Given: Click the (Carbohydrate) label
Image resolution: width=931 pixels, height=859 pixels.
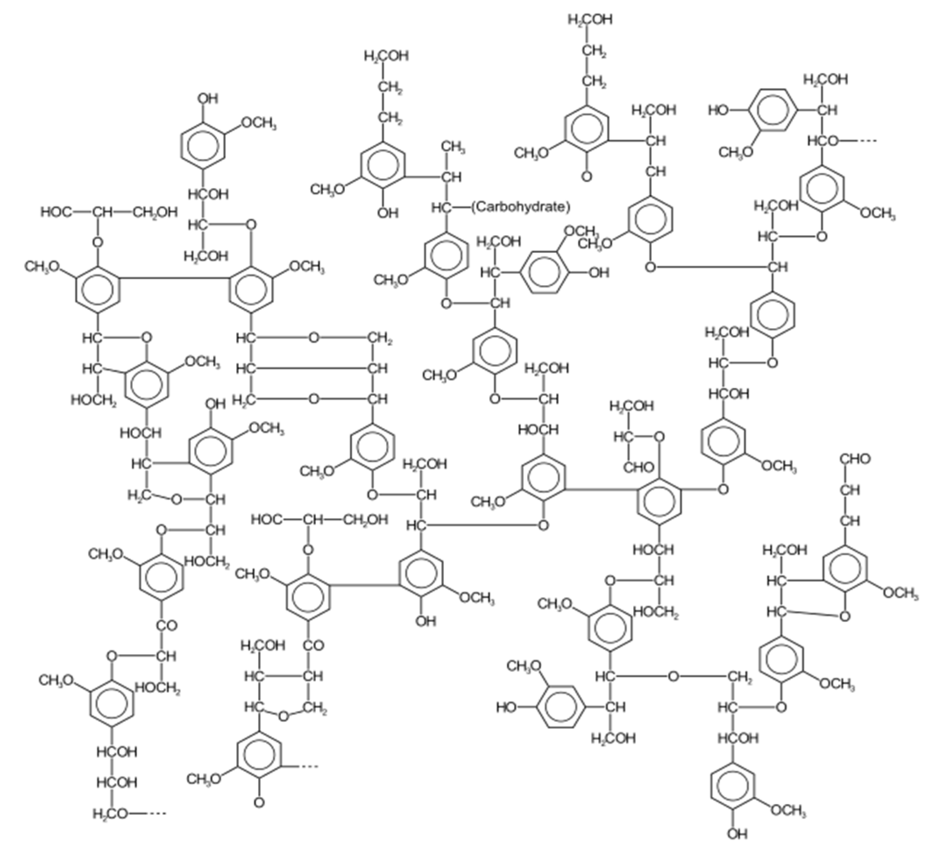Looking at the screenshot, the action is pyautogui.click(x=520, y=207).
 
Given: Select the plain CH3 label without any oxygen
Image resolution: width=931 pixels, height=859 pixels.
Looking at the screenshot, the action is pyautogui.click(x=453, y=147).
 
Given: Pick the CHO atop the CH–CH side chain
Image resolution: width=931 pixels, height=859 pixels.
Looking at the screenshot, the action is pyautogui.click(x=855, y=459).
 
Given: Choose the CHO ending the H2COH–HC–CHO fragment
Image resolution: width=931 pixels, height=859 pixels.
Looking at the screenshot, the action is pyautogui.click(x=639, y=468).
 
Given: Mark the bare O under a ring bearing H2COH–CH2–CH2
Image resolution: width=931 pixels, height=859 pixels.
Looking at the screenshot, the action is pyautogui.click(x=587, y=177).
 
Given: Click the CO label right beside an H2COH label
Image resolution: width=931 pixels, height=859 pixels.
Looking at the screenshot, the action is pyautogui.click(x=313, y=646).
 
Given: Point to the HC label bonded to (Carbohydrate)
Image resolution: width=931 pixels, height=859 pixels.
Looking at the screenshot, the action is pyautogui.click(x=442, y=208).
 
